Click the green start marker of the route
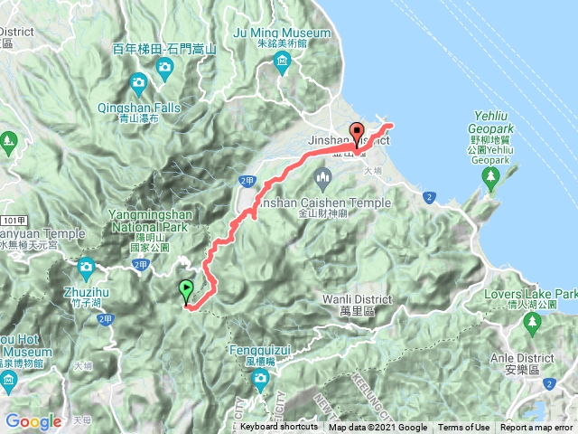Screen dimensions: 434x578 pos(186,291)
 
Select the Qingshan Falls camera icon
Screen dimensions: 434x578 pos(138,86)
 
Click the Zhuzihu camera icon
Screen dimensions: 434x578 pos(86,267)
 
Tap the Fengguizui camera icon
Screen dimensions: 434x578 pos(261,382)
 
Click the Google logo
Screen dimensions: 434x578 pos(33,421)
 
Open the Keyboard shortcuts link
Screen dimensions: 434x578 pos(278,428)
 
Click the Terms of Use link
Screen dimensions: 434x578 pos(464,428)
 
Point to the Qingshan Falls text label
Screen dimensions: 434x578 pos(139,112)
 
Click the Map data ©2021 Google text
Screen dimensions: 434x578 pos(378,428)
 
